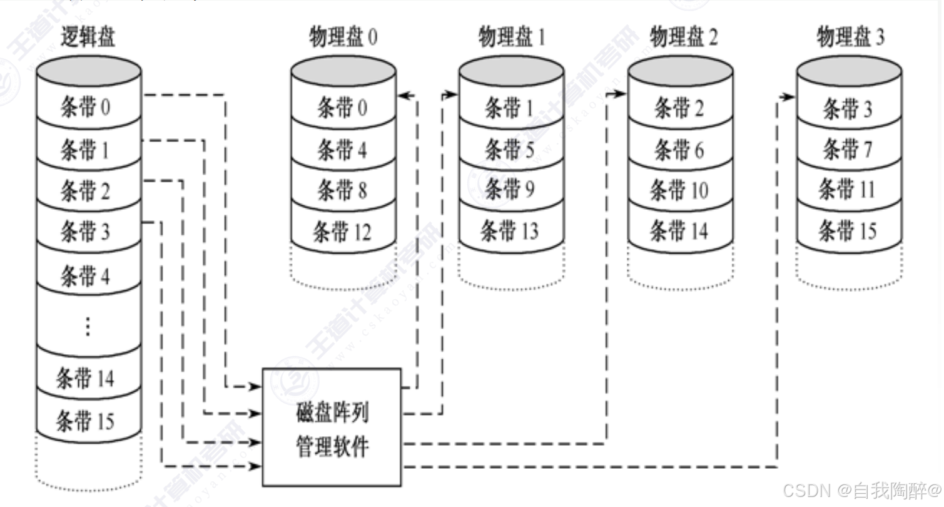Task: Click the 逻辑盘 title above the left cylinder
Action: click(88, 38)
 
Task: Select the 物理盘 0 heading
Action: click(343, 38)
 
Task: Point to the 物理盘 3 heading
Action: click(851, 38)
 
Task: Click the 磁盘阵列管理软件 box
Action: click(332, 427)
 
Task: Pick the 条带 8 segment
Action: click(342, 190)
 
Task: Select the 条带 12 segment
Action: click(343, 232)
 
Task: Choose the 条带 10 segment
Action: click(679, 190)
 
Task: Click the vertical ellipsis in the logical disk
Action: click(88, 326)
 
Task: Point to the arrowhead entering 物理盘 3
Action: click(790, 97)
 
